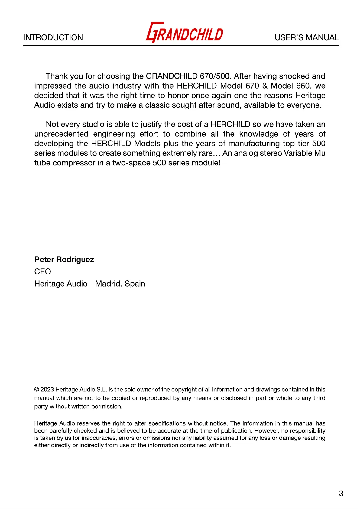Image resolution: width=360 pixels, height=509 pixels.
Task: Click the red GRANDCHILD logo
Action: [185, 33]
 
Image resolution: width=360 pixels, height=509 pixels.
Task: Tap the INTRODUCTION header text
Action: [53, 37]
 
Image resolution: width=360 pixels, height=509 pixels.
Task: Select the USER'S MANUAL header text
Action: [306, 37]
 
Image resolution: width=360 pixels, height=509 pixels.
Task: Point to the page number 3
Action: [341, 494]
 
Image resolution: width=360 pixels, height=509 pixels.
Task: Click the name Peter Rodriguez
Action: [64, 260]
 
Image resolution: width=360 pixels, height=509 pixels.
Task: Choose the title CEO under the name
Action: [43, 272]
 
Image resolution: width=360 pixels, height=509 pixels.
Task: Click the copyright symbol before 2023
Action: [37, 390]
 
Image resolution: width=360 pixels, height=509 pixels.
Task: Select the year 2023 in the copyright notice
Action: [47, 390]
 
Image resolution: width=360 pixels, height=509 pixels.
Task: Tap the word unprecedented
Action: [61, 134]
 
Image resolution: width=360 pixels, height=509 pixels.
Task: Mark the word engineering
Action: [114, 134]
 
